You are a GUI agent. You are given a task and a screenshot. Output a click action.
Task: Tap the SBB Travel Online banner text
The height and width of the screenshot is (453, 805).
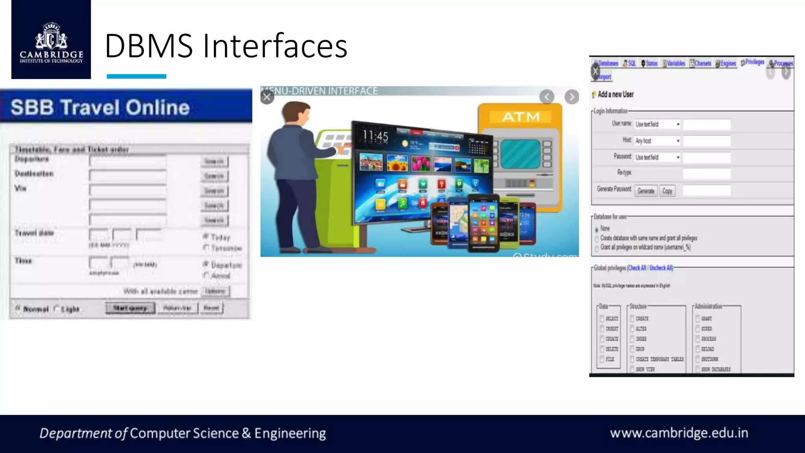100,107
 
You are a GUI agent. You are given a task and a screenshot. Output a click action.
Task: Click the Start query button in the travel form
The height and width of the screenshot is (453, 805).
130,308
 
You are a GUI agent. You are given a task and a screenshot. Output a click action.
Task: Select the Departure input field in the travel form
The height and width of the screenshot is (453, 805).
128,161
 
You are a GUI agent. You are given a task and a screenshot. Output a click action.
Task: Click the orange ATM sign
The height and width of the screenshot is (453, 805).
521,117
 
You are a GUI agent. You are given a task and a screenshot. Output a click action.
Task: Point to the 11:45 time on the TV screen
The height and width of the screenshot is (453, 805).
375,136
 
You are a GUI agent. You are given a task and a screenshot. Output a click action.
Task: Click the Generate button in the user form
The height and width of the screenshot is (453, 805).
646,191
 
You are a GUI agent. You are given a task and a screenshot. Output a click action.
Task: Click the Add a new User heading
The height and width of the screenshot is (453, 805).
616,94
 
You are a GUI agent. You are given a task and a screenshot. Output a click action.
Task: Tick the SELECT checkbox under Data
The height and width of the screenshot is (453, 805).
602,319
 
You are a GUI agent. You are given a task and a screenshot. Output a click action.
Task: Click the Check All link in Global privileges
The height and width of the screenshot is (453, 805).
637,268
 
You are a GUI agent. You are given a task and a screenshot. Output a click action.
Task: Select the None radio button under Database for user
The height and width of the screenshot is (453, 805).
597,229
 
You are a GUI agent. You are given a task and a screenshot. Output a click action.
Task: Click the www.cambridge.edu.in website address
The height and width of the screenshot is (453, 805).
679,433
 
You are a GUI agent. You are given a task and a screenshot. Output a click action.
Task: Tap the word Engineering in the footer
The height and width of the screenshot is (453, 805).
290,433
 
